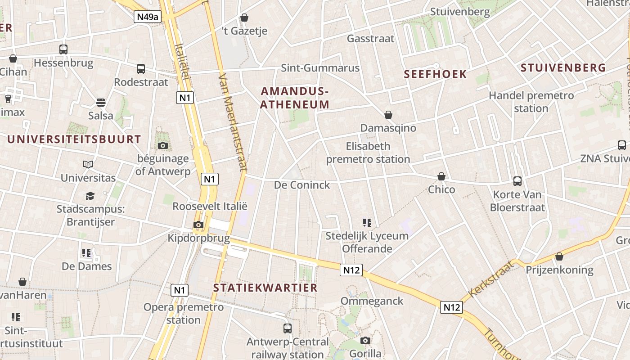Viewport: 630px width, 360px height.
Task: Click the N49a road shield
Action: tap(148, 17)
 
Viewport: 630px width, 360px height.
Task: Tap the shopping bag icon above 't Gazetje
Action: tap(244, 18)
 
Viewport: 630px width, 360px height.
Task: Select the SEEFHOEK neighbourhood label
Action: tap(435, 74)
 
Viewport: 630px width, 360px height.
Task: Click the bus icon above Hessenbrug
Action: tap(63, 49)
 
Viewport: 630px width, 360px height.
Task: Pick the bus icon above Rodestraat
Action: tap(141, 69)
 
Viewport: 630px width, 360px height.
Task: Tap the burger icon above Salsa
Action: tap(101, 103)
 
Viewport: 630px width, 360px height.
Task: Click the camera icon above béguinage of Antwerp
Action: tap(163, 145)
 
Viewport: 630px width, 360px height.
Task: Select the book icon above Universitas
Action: tap(88, 165)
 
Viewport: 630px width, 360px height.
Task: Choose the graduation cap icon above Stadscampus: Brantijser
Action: tap(90, 196)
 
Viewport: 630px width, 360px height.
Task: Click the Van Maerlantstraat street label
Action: tap(233, 121)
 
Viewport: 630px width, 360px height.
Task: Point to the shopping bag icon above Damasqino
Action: tap(388, 115)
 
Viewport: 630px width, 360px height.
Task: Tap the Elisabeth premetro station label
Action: tap(368, 153)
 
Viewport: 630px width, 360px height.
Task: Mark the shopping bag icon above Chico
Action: tap(441, 176)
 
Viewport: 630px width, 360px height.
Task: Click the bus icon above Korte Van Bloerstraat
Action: tap(517, 181)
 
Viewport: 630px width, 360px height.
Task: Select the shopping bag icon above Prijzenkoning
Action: tap(559, 256)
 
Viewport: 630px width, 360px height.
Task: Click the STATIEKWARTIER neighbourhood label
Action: tap(265, 288)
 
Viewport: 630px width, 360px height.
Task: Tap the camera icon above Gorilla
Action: tap(365, 340)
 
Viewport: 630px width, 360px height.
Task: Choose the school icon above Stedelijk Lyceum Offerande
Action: tap(367, 222)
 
